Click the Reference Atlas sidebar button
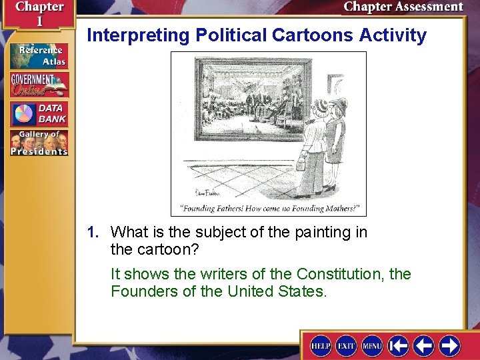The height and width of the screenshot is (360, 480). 38,56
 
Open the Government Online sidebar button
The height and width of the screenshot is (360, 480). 38,85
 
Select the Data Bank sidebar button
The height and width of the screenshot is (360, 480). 38,113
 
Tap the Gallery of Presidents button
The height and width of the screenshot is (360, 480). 38,142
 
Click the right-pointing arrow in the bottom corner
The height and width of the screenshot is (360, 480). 449,345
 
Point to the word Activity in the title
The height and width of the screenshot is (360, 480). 393,35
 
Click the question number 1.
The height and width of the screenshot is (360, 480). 93,233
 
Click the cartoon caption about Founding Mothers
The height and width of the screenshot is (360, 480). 269,209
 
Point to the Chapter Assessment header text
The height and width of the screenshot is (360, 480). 403,7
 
